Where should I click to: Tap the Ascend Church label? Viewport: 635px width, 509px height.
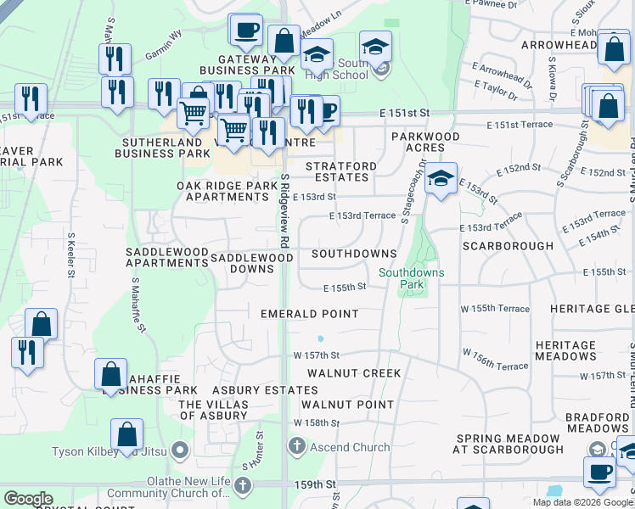click(350, 447)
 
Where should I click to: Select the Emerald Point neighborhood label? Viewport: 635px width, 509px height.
click(310, 314)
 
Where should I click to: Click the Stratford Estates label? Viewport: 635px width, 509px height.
click(337, 172)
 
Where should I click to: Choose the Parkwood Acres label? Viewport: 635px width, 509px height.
click(425, 142)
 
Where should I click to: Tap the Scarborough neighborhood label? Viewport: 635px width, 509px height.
click(508, 246)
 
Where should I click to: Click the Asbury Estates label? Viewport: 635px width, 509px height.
click(253, 390)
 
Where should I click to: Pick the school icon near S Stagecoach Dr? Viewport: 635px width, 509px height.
click(441, 179)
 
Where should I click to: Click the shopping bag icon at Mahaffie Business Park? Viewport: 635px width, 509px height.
click(111, 374)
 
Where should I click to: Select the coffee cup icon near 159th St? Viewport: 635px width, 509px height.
click(599, 473)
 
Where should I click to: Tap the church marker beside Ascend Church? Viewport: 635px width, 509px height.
click(296, 445)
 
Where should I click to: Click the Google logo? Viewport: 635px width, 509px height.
click(29, 499)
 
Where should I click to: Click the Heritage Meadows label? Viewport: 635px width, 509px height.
click(565, 351)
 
